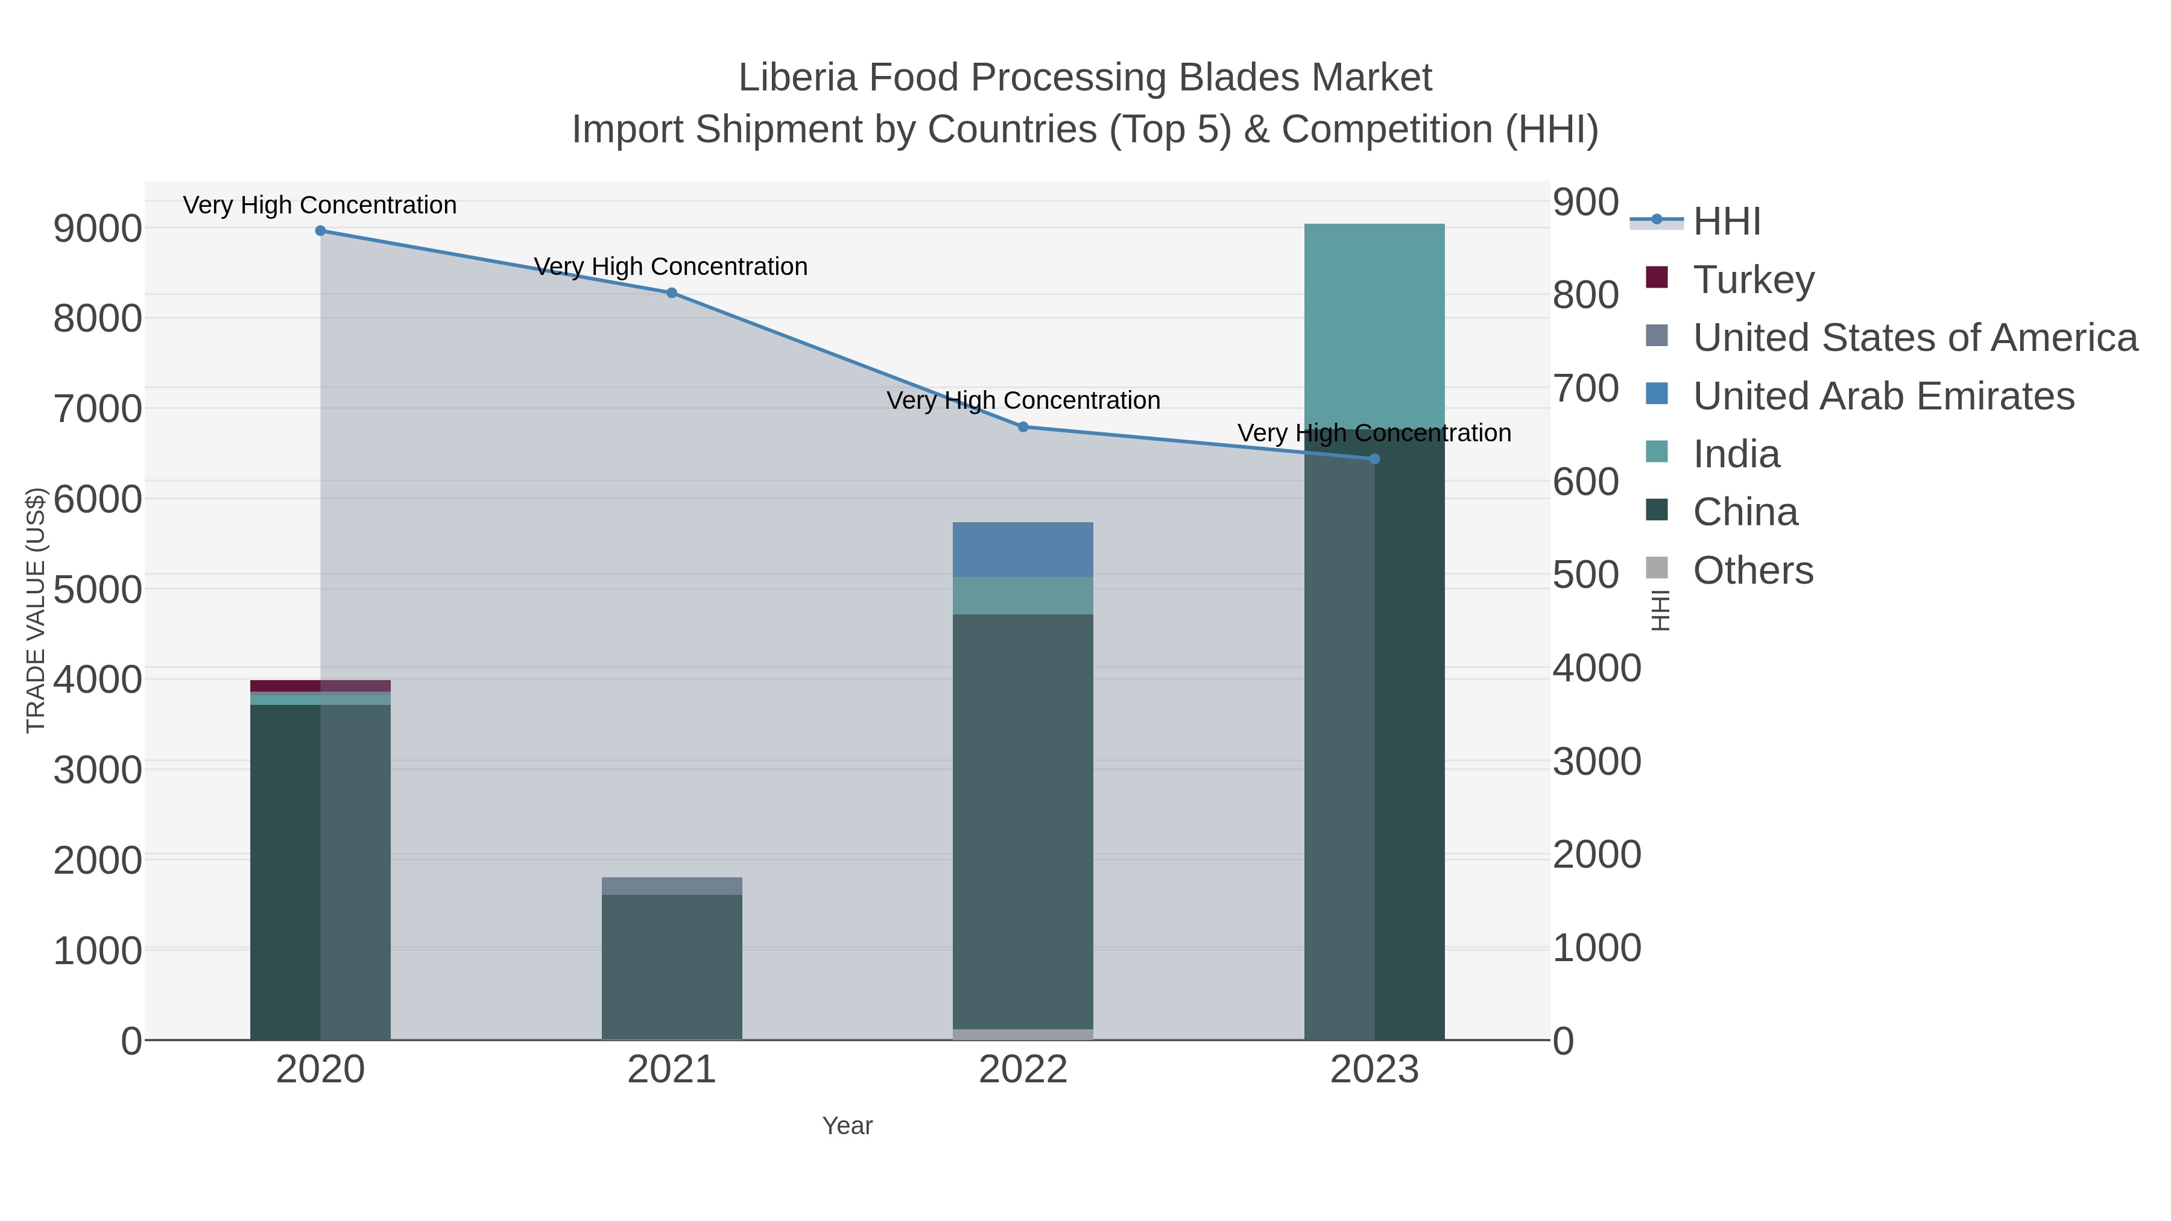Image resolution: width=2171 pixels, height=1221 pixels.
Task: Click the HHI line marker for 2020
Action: tap(320, 231)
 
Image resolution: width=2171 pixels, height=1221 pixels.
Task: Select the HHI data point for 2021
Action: tap(672, 293)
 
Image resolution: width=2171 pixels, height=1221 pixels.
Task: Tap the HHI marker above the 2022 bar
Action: tap(1023, 428)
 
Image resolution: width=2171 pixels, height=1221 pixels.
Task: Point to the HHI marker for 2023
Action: tap(1374, 459)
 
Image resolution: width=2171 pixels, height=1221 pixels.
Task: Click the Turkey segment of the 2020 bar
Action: tap(320, 686)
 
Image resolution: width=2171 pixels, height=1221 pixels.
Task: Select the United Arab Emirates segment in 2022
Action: tap(1023, 549)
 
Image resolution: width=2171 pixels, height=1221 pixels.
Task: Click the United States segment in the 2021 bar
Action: tap(672, 886)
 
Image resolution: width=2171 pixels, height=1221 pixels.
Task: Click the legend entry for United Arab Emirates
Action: tap(1883, 396)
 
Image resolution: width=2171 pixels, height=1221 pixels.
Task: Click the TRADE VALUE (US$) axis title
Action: tap(36, 610)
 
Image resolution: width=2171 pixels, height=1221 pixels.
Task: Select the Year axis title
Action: tap(847, 1126)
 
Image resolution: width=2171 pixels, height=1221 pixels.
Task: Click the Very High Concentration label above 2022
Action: tap(1023, 400)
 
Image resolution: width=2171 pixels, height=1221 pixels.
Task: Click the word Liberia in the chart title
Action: tap(797, 78)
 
